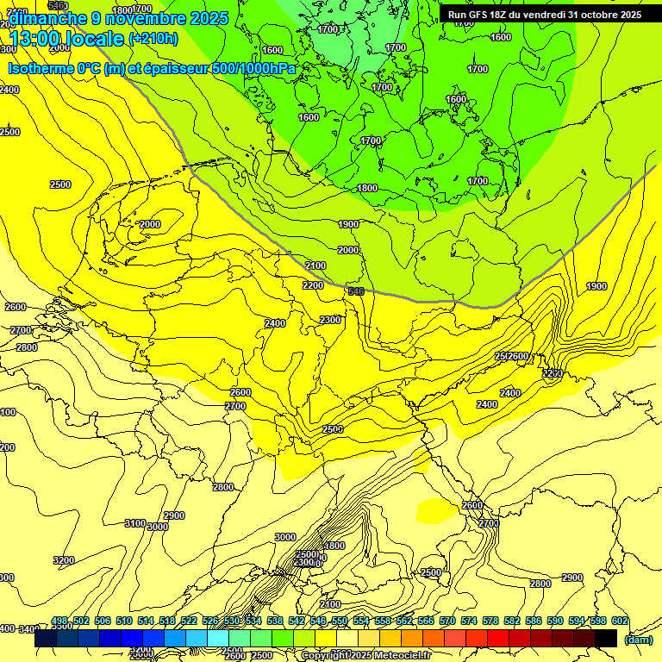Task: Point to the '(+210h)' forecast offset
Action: click(x=153, y=39)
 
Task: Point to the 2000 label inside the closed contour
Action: click(x=150, y=224)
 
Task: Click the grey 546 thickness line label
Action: click(x=355, y=292)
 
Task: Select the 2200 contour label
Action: click(x=313, y=285)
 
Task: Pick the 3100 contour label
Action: click(x=134, y=523)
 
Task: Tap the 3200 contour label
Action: click(x=64, y=560)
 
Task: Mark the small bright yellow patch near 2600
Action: click(x=435, y=510)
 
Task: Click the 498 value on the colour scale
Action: click(x=59, y=621)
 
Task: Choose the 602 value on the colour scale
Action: click(x=619, y=621)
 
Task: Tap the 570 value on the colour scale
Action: click(x=447, y=621)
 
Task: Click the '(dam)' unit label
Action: click(x=638, y=639)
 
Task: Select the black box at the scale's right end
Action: click(x=606, y=638)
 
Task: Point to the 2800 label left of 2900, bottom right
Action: click(x=540, y=584)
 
